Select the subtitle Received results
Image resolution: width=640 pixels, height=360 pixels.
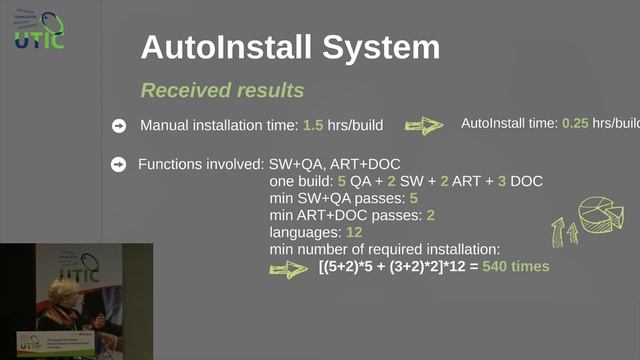click(222, 90)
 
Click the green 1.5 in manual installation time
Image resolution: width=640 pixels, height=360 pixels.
click(313, 126)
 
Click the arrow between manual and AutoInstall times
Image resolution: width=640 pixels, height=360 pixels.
click(423, 126)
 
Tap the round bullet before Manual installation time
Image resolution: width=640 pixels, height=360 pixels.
click(119, 126)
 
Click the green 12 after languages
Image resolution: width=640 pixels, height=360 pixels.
click(353, 232)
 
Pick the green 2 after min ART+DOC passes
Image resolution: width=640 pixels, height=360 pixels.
click(430, 215)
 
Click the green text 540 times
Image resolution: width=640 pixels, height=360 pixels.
click(516, 268)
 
